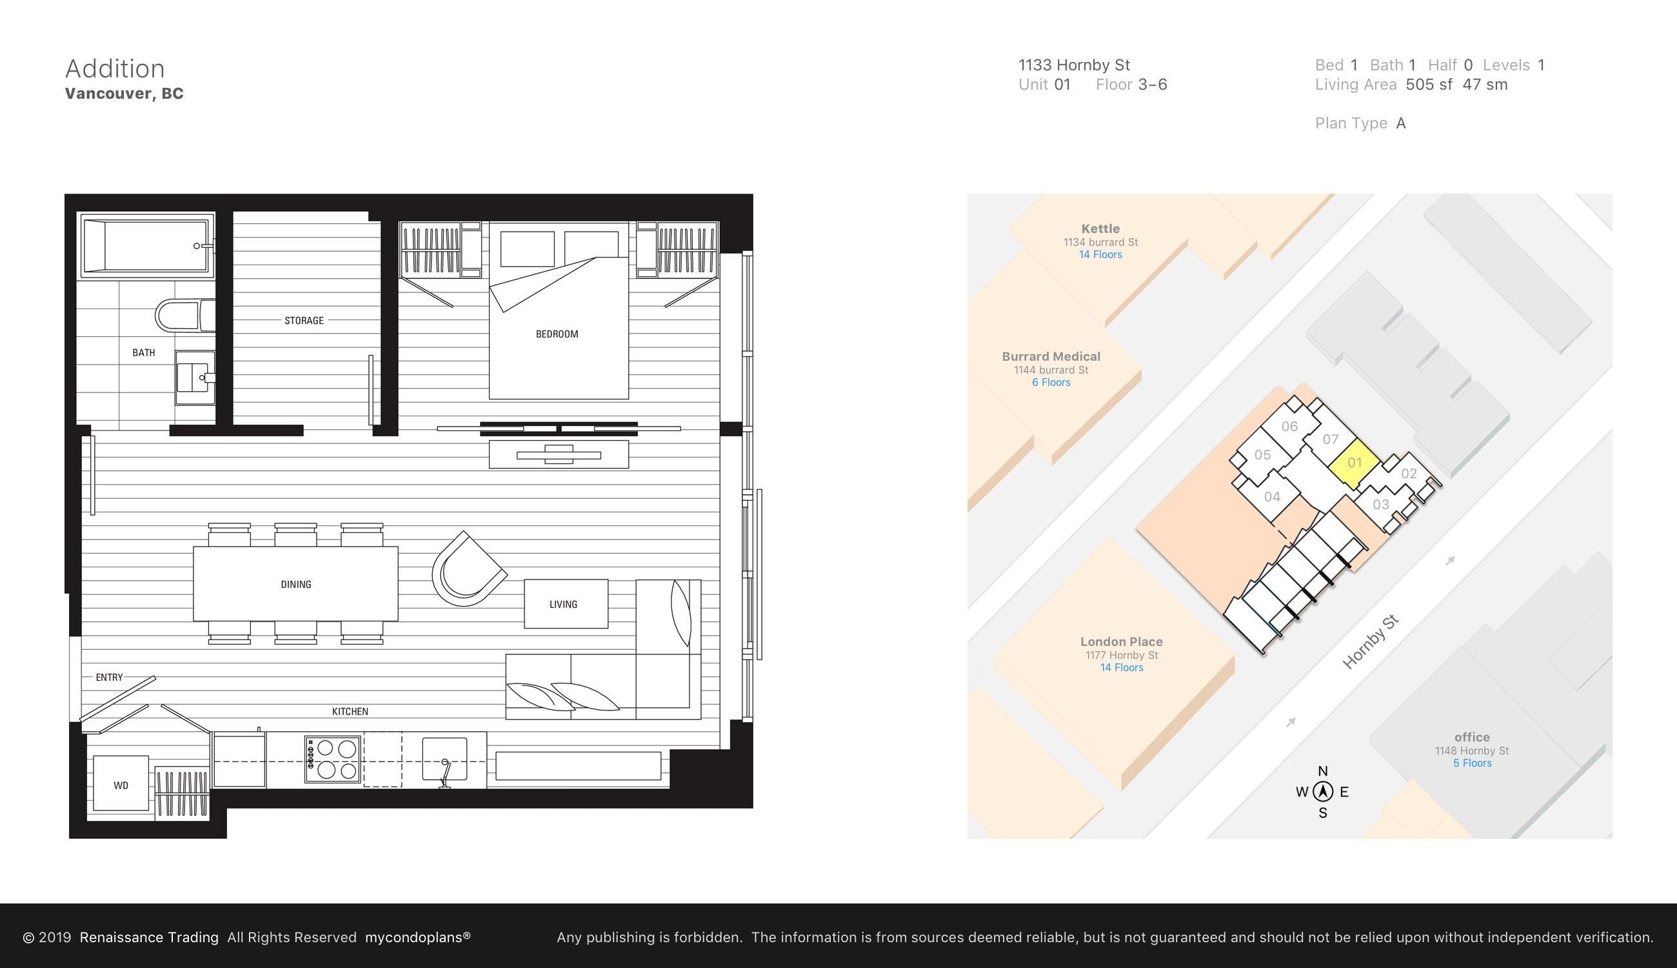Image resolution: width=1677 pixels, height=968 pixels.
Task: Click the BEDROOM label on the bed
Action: pyautogui.click(x=557, y=334)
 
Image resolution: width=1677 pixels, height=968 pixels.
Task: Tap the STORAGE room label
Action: pyautogui.click(x=304, y=321)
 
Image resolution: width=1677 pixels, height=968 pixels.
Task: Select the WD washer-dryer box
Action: pyautogui.click(x=120, y=783)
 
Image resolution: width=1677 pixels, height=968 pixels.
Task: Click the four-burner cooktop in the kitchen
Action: pyautogui.click(x=333, y=760)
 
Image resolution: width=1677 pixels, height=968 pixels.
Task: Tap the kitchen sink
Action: pyautogui.click(x=444, y=758)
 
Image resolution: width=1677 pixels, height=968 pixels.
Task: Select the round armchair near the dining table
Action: pyautogui.click(x=468, y=570)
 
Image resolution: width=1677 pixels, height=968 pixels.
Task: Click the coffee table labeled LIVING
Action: pyautogui.click(x=566, y=603)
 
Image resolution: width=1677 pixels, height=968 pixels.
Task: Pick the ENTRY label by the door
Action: pyautogui.click(x=109, y=678)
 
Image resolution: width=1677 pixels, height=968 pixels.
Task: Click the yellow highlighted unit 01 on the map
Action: pyautogui.click(x=1354, y=463)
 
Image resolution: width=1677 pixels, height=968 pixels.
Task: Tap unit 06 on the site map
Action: pyautogui.click(x=1289, y=427)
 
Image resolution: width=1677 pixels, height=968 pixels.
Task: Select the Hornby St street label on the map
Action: pyautogui.click(x=1370, y=642)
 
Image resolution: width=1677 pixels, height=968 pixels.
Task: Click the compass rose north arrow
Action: pyautogui.click(x=1323, y=792)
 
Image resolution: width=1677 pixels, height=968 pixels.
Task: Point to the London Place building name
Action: pyautogui.click(x=1122, y=641)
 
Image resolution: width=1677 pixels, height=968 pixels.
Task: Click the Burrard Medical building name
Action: pyautogui.click(x=1051, y=356)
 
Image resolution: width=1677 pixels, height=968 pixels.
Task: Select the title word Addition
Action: pyautogui.click(x=115, y=68)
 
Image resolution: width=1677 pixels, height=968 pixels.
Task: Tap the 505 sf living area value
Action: pyautogui.click(x=1429, y=85)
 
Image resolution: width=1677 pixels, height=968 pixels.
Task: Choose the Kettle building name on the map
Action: pyautogui.click(x=1100, y=228)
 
